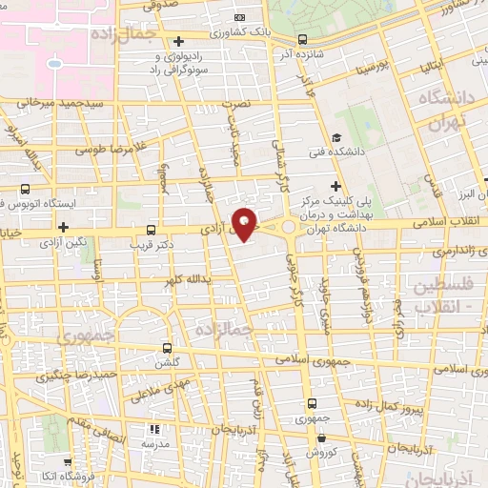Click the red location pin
coord(246,223)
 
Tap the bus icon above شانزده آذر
coord(302,40)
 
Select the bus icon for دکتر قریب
coord(152,230)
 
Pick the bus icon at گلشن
coord(169,349)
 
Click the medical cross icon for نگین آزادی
coord(64,227)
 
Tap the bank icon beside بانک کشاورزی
coord(239,17)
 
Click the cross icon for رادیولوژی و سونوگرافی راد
coord(178,40)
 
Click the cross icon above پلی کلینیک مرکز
coord(334,186)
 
